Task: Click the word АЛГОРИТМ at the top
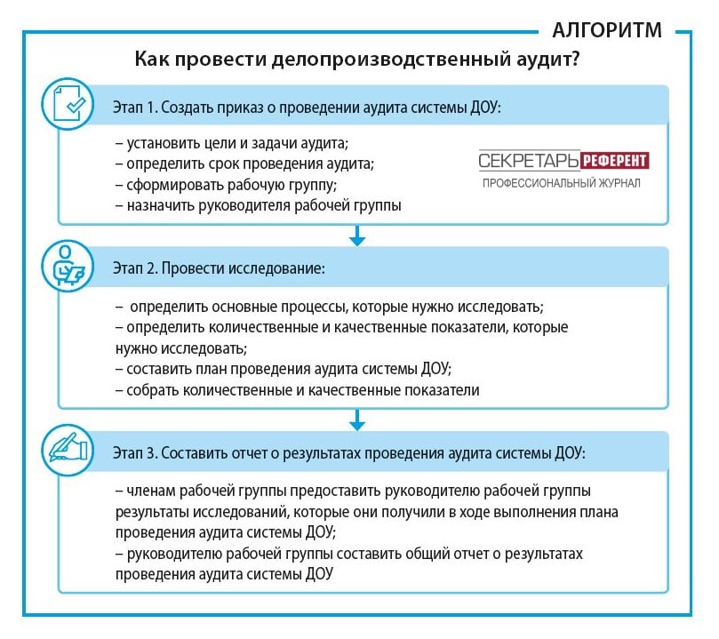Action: pos(607,30)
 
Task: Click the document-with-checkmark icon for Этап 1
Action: pos(68,104)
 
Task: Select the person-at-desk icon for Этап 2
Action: pos(68,266)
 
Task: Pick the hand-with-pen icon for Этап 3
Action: pos(68,450)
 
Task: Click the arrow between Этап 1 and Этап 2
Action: pos(357,236)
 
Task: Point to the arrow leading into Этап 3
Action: pos(357,419)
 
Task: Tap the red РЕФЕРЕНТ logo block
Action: pos(615,161)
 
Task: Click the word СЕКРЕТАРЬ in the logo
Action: pos(529,161)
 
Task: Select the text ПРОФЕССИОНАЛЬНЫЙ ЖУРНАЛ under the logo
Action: pos(562,183)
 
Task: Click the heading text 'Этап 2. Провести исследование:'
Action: pos(219,268)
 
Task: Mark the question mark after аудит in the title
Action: pos(574,59)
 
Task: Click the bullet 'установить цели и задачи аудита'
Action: pos(232,143)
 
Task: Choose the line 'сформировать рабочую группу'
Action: pos(226,185)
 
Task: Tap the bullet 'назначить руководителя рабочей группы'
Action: pos(258,205)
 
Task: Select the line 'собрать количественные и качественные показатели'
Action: pos(297,390)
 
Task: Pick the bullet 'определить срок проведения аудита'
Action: pos(245,164)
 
